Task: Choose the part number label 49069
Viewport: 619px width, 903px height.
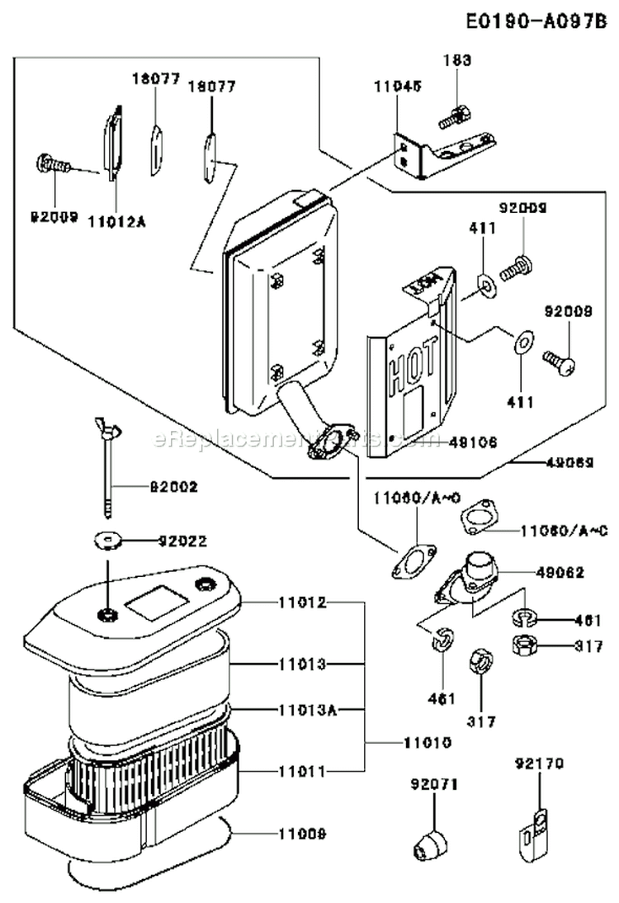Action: [570, 464]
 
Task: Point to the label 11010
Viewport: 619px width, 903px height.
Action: [428, 743]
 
